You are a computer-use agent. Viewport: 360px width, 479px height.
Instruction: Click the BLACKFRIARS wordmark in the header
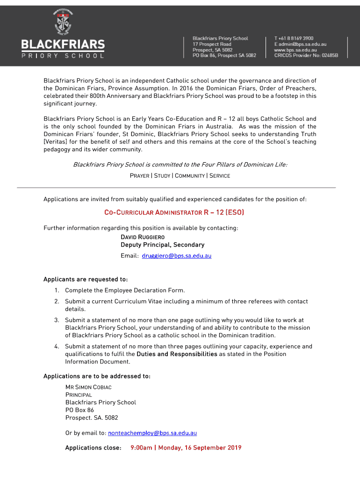tap(63, 45)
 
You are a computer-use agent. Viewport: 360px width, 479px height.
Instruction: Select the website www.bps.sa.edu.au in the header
tap(295, 50)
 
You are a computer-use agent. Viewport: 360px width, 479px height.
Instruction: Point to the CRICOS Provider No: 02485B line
tap(306, 55)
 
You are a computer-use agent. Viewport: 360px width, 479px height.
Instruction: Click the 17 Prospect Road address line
tap(212, 44)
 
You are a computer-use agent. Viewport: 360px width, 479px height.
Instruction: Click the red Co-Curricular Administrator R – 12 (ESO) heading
tap(174, 213)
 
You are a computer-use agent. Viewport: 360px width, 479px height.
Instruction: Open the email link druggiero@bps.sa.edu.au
tap(177, 256)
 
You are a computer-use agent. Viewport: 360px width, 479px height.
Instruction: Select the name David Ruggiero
tap(143, 237)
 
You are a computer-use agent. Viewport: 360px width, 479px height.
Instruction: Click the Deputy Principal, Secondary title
tap(162, 245)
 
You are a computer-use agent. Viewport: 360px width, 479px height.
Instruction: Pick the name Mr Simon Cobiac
tap(88, 387)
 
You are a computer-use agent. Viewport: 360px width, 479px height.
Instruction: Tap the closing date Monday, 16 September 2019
tap(200, 448)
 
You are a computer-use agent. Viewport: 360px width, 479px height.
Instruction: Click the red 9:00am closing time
tap(141, 448)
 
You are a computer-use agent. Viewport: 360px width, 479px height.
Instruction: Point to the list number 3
tap(56, 320)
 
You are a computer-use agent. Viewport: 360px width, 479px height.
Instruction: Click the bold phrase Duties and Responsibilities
tap(177, 354)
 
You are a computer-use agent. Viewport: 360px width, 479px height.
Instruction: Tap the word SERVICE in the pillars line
tap(220, 176)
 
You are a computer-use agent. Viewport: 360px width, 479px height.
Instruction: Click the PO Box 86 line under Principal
tap(79, 410)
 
